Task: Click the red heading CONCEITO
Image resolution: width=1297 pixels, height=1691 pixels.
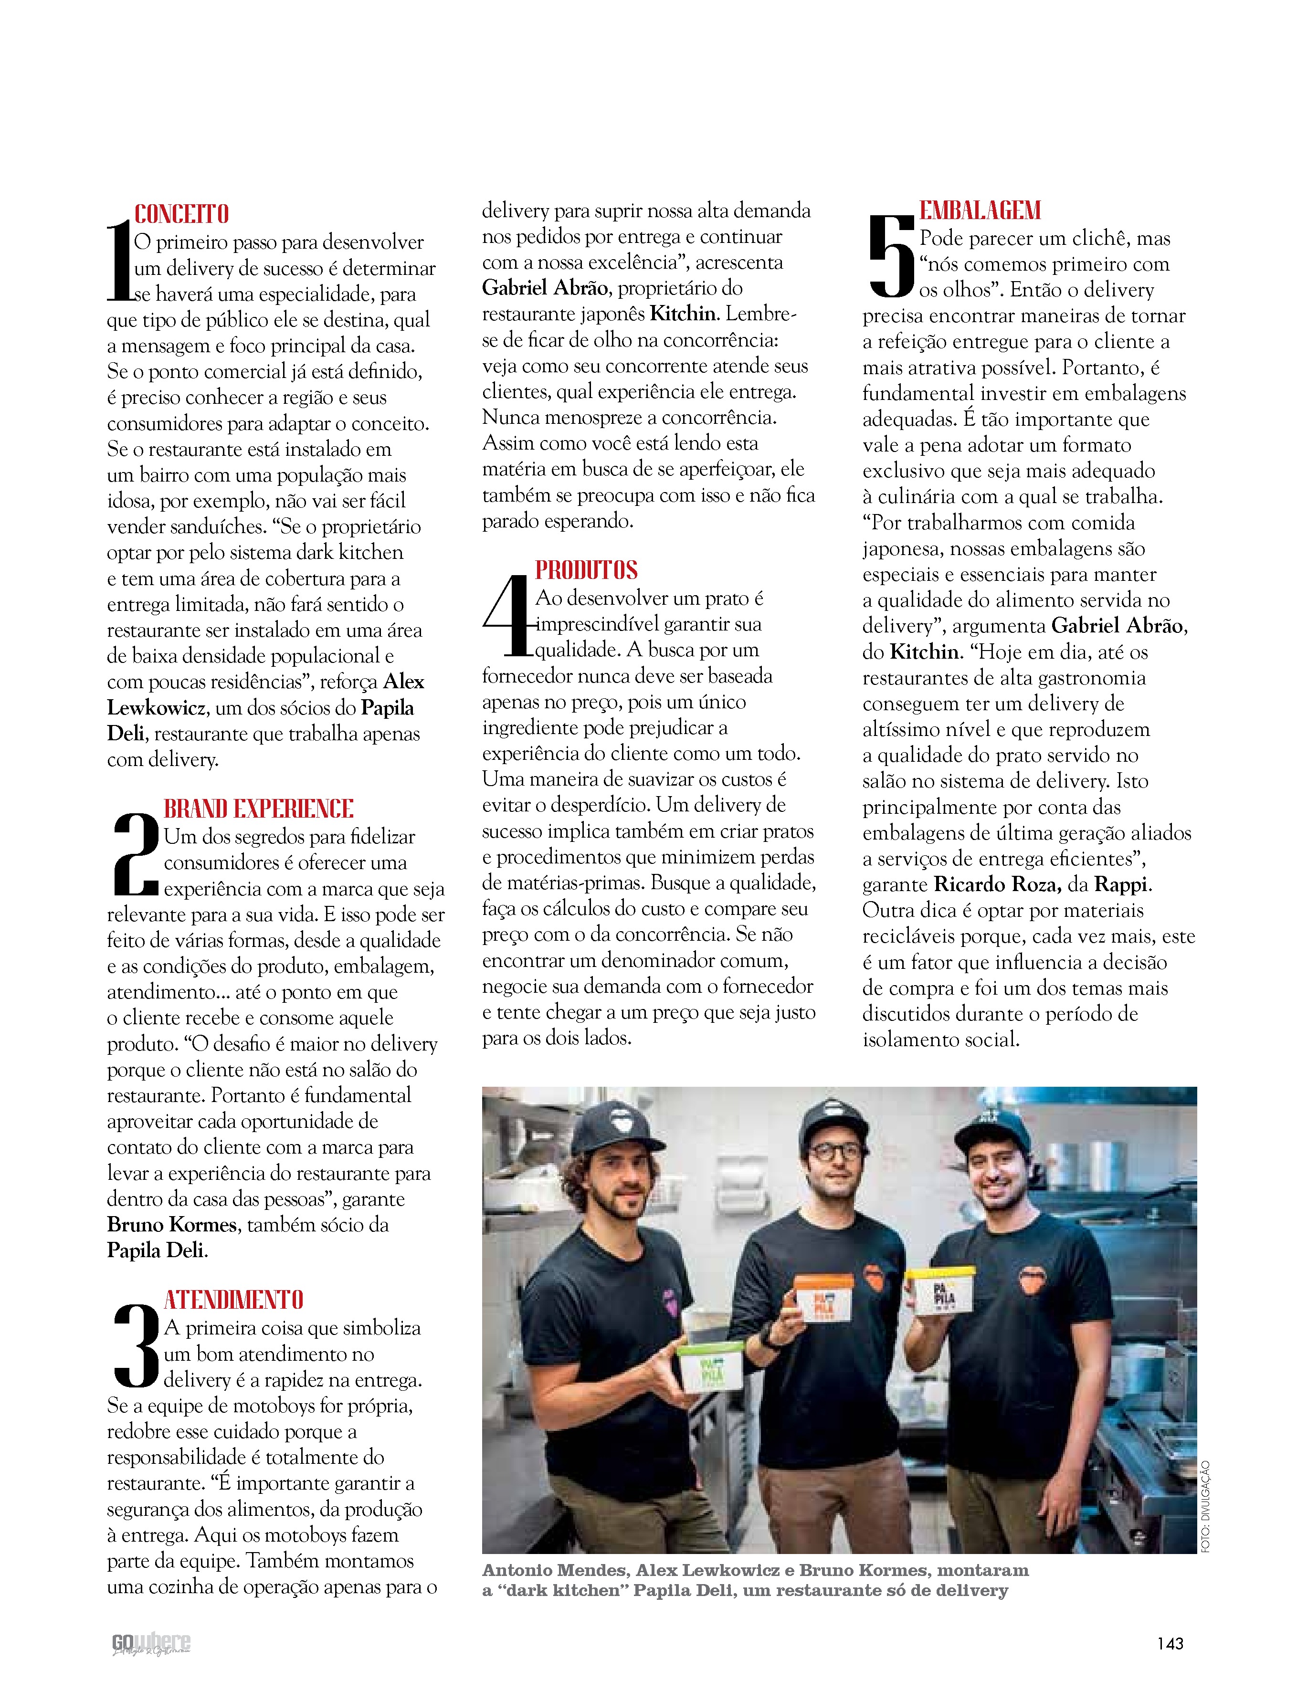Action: point(181,214)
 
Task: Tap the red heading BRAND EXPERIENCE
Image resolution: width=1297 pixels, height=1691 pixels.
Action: point(259,809)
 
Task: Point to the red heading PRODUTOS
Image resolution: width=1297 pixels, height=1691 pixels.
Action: point(587,570)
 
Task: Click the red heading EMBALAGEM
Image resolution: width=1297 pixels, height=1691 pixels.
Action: point(980,210)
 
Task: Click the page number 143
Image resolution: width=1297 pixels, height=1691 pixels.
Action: point(1170,1643)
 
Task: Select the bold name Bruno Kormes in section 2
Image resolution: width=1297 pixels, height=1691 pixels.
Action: point(171,1225)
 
